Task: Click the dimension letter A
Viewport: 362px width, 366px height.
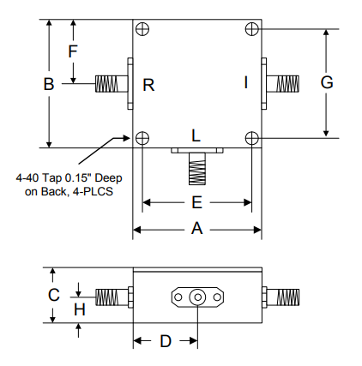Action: tap(196, 229)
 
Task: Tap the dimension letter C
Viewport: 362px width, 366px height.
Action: tap(53, 294)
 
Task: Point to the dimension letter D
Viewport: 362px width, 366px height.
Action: tap(166, 340)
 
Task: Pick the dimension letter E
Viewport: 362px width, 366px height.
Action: tap(196, 203)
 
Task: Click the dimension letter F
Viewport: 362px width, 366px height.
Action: tap(73, 51)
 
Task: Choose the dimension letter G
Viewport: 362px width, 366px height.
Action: tap(326, 82)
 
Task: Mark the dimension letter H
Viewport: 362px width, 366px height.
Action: tap(79, 309)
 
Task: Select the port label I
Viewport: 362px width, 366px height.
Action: tap(245, 83)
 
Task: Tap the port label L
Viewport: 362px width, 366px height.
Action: tap(196, 135)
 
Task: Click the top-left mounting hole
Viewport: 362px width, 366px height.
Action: tap(142, 28)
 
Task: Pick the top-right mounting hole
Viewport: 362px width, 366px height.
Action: tap(250, 28)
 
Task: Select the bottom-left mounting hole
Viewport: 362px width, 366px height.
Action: tap(142, 138)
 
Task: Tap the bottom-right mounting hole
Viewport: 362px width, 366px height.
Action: tap(250, 138)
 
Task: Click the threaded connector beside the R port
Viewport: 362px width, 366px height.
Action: tap(110, 84)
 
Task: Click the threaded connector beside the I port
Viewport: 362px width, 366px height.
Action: tap(282, 83)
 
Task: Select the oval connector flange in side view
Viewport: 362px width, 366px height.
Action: tap(197, 297)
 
